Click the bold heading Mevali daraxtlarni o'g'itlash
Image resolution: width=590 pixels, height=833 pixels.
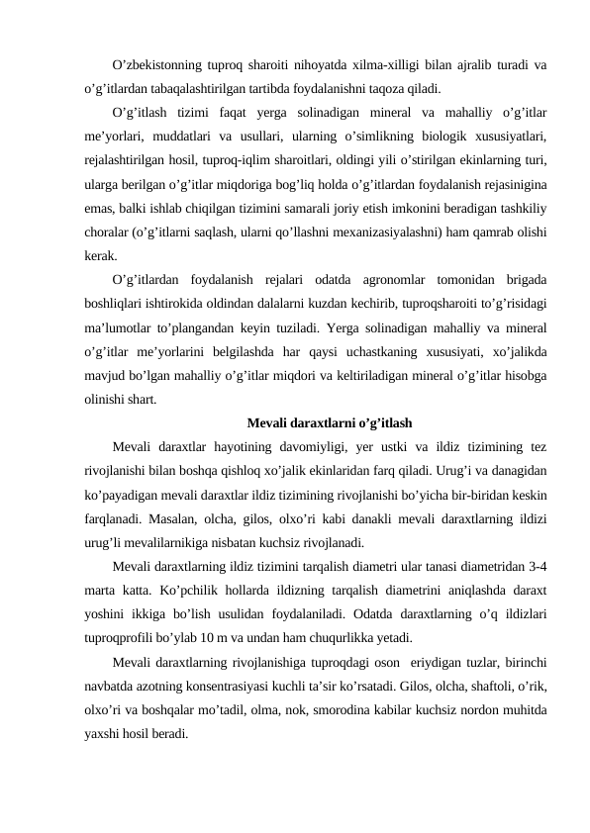click(330, 423)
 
